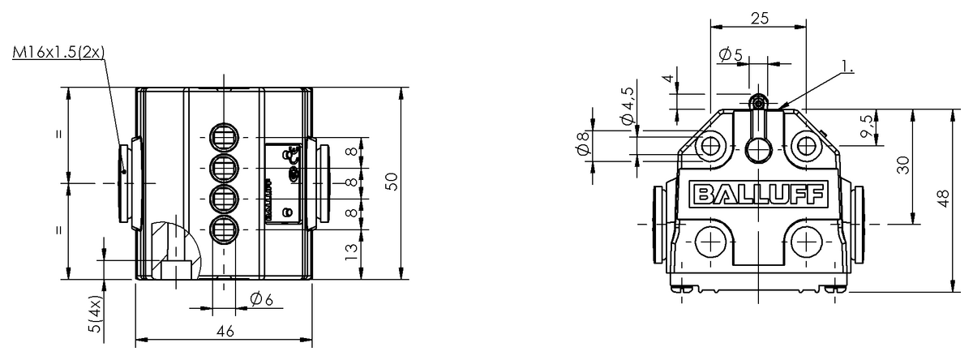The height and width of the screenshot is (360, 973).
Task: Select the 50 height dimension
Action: pos(392,182)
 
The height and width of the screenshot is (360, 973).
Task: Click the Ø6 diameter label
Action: pos(261,300)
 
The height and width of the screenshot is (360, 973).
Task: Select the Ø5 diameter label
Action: pos(731,54)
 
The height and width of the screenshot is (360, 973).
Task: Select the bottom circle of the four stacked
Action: pos(223,229)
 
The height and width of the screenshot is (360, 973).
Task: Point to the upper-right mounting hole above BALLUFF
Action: pos(804,145)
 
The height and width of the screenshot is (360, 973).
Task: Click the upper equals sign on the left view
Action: pos(59,135)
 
